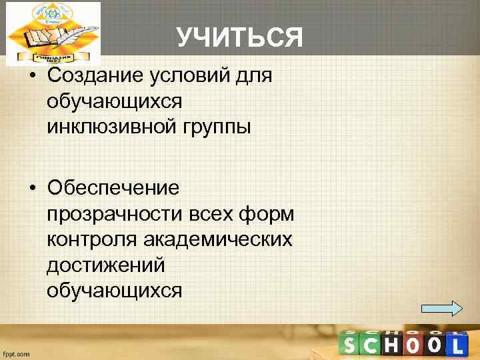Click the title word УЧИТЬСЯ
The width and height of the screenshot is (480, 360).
tap(240, 38)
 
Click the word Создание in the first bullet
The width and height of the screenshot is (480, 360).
tap(93, 75)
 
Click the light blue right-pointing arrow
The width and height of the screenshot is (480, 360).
tap(442, 308)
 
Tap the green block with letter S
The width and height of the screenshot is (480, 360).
tap(351, 344)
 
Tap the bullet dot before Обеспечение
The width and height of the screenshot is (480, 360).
tap(32, 188)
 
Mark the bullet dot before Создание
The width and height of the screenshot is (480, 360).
tap(32, 76)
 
